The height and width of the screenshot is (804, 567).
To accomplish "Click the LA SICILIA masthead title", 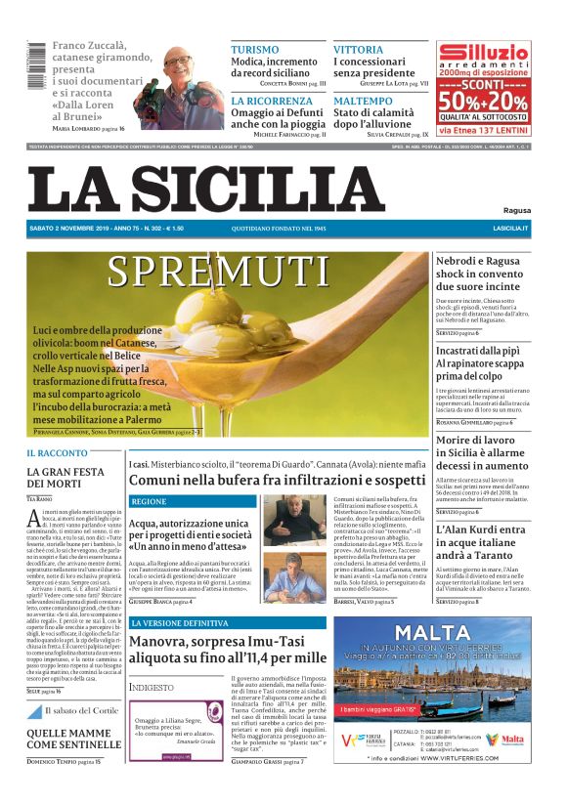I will click(205, 188).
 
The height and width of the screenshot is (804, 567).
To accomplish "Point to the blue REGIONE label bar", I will click(192, 501).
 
